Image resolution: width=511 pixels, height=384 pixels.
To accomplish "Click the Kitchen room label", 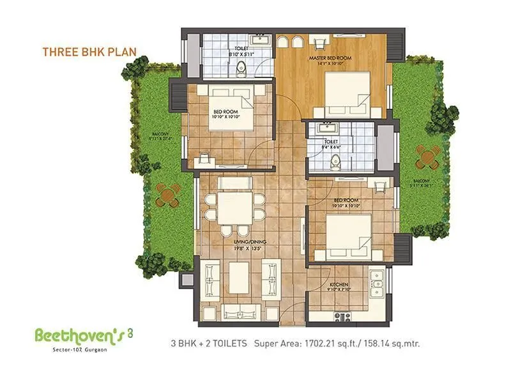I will (339, 284).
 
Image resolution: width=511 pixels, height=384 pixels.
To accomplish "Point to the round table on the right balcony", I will (427, 156).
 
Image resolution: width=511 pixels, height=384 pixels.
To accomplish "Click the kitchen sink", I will (377, 282).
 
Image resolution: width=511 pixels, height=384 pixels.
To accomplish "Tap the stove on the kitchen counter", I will (343, 316).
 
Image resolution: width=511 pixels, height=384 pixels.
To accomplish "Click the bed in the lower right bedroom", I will (347, 235).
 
